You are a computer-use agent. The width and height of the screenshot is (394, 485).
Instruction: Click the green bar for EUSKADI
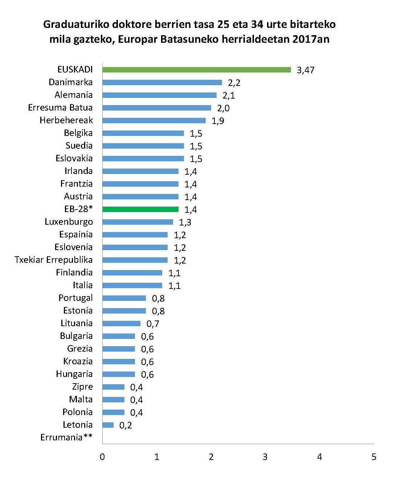196,70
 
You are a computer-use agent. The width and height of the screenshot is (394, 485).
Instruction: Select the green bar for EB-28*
140,209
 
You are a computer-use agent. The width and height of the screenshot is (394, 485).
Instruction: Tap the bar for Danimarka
162,82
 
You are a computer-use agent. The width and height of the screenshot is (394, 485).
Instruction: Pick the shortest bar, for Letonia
108,425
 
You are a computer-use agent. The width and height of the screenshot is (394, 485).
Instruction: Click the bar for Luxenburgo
138,222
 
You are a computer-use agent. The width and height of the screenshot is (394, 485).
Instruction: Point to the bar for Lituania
121,323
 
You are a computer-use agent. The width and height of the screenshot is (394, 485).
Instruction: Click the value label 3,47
305,70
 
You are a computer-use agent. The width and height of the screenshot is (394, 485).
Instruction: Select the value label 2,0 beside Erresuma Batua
223,108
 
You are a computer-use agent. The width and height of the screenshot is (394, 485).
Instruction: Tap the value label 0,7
153,324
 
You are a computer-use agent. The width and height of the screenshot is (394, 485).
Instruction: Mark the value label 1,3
185,223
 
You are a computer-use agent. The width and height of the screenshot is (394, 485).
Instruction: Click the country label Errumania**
66,438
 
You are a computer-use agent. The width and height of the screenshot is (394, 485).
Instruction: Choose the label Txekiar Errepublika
54,260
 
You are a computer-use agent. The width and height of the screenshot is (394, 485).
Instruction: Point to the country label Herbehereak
66,120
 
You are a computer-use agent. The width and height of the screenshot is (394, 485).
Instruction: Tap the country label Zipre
82,387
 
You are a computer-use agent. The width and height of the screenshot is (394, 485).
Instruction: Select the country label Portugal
75,298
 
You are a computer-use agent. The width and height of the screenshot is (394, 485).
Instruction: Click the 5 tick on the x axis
374,457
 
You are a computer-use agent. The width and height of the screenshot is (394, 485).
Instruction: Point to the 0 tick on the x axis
102,457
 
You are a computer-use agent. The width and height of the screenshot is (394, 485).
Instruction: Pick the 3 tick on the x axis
265,457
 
